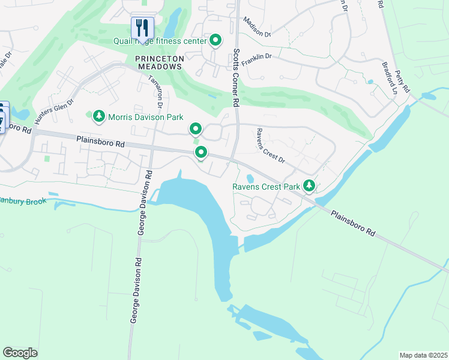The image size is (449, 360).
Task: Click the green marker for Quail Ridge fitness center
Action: click(x=215, y=40)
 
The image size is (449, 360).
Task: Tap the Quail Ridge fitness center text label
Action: click(x=160, y=41)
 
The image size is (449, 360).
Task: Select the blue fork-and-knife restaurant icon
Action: click(x=142, y=27)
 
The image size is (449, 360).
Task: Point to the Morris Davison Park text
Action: click(x=145, y=118)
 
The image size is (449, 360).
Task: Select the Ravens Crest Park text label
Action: click(x=266, y=187)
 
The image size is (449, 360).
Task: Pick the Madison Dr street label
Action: click(x=257, y=28)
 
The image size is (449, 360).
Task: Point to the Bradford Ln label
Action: click(x=390, y=77)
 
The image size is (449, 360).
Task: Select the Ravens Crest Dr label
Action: click(x=270, y=146)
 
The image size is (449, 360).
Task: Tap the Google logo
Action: click(x=20, y=353)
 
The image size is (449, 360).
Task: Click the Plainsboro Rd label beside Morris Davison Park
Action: click(x=100, y=142)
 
